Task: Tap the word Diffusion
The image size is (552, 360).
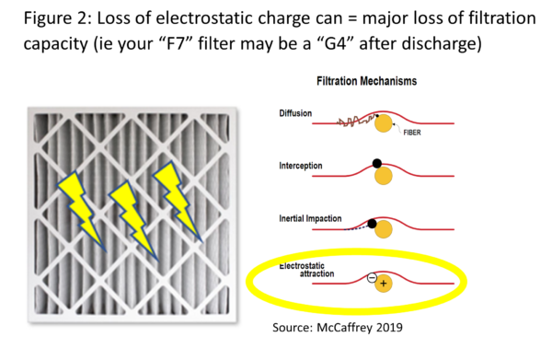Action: click(x=295, y=114)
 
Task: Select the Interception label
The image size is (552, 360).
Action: click(x=300, y=166)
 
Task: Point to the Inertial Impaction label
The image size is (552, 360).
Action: click(x=310, y=218)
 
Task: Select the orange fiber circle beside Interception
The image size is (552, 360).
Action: click(x=381, y=175)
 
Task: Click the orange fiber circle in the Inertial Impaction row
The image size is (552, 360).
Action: click(x=382, y=229)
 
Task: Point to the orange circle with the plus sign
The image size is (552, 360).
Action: click(x=383, y=283)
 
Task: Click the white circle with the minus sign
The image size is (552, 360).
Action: click(x=372, y=277)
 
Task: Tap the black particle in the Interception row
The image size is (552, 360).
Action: click(x=376, y=163)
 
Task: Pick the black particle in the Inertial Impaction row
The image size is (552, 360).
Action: click(x=372, y=223)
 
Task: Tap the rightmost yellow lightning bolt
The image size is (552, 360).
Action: click(x=177, y=200)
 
